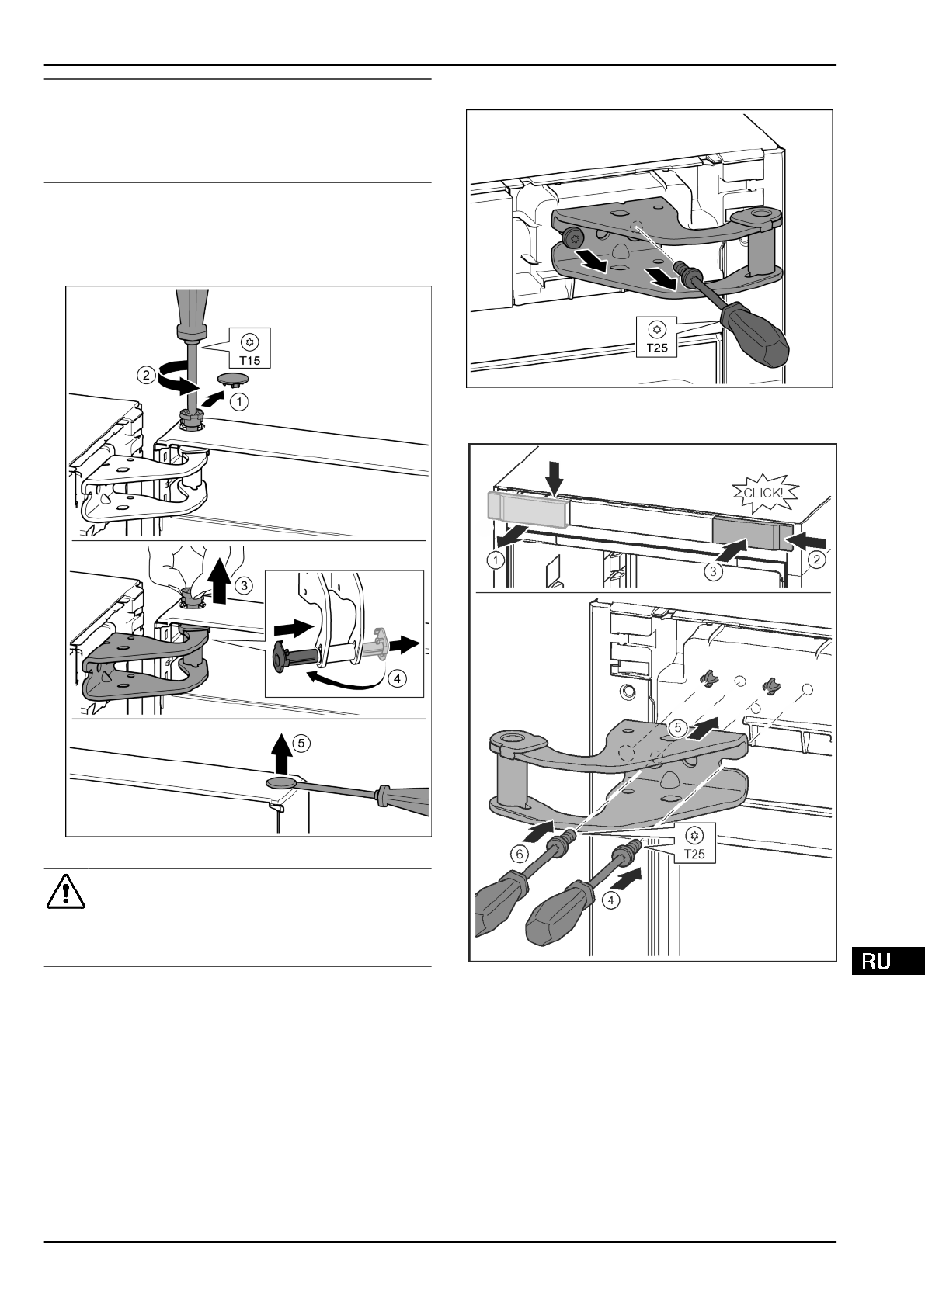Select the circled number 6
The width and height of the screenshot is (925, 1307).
pyautogui.click(x=520, y=852)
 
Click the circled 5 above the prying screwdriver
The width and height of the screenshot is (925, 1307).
pyautogui.click(x=303, y=743)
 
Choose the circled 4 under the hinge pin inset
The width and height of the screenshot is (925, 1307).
pyautogui.click(x=397, y=678)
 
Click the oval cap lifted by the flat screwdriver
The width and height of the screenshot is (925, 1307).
pyautogui.click(x=281, y=784)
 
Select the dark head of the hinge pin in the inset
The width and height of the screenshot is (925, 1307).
pyautogui.click(x=280, y=656)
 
